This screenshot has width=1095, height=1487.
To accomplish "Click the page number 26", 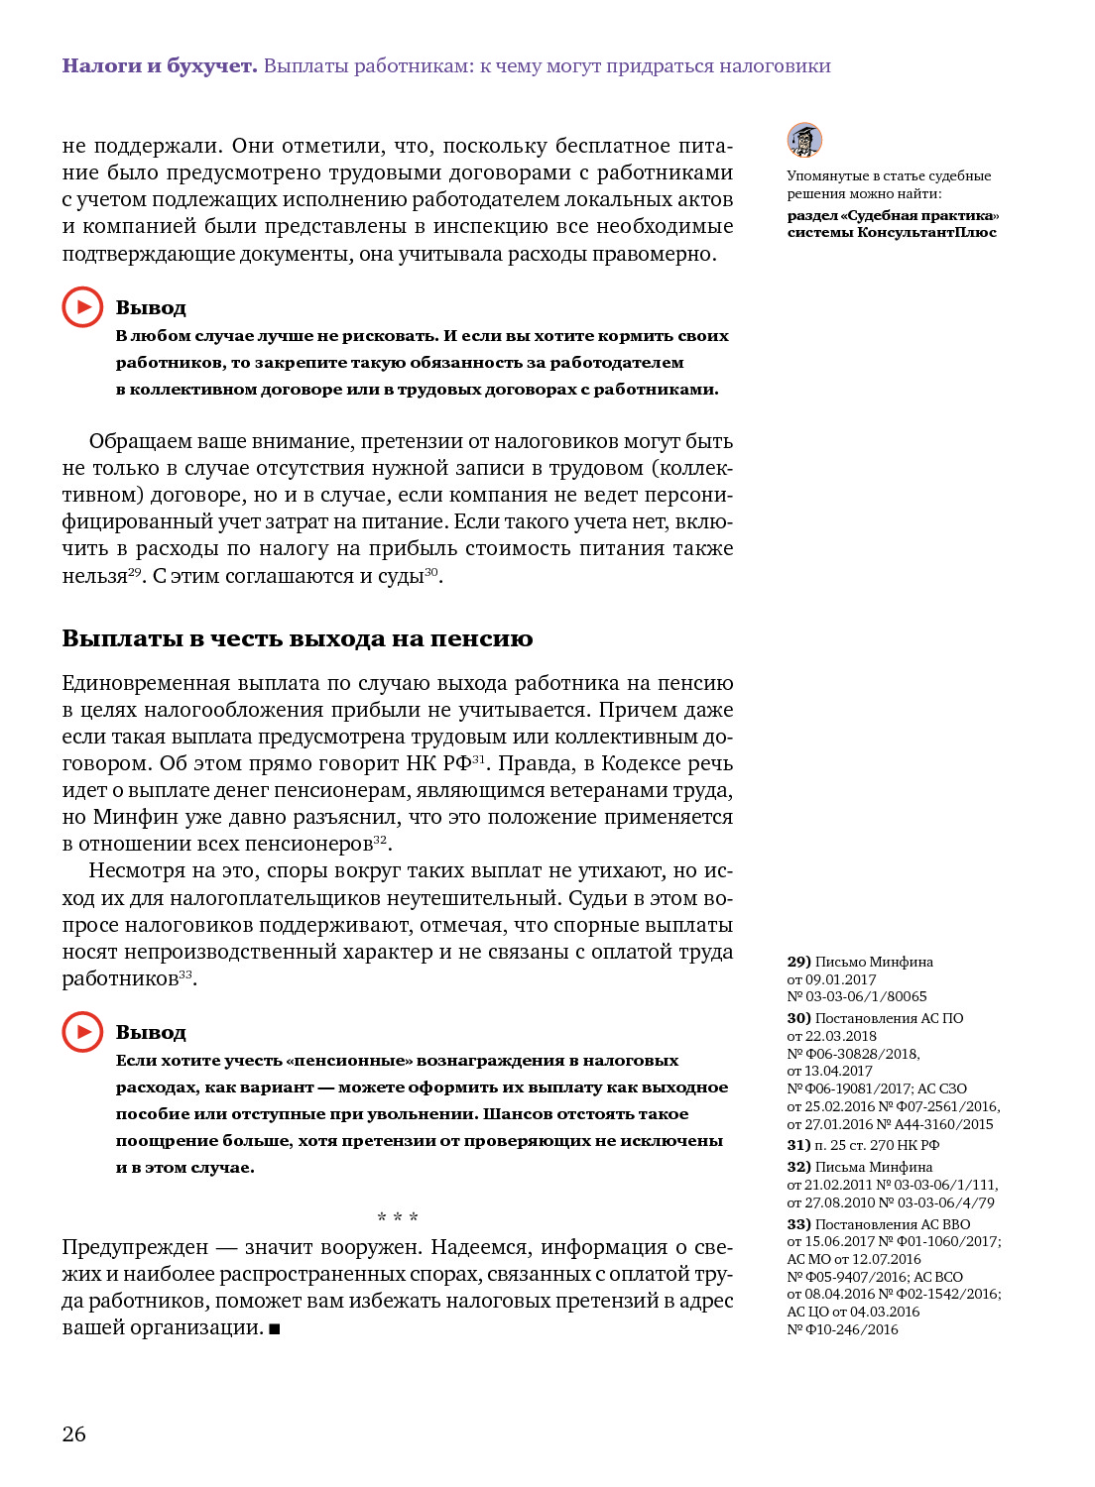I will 74,1433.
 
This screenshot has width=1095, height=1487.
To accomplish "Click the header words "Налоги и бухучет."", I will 160,66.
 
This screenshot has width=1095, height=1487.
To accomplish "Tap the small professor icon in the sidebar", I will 804,140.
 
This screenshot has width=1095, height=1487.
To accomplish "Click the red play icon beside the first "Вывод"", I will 82,307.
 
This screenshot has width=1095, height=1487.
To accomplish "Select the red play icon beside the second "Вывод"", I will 82,1032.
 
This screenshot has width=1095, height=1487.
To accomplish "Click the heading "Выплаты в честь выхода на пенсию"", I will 298,638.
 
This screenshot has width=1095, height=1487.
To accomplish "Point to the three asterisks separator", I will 398,1217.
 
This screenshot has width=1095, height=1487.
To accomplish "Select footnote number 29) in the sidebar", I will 799,962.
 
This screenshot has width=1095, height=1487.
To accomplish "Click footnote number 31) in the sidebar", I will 799,1145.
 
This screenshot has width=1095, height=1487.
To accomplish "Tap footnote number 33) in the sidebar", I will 799,1224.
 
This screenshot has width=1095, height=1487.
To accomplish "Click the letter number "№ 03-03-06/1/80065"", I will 857,996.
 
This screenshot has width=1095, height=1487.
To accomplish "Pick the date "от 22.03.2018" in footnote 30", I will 832,1036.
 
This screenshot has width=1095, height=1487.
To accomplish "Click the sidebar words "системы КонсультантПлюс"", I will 892,232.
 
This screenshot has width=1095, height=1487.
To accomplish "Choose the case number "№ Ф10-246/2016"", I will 843,1329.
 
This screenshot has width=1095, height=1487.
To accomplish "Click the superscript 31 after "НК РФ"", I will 479,759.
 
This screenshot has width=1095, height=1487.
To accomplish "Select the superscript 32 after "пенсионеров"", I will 380,841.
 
